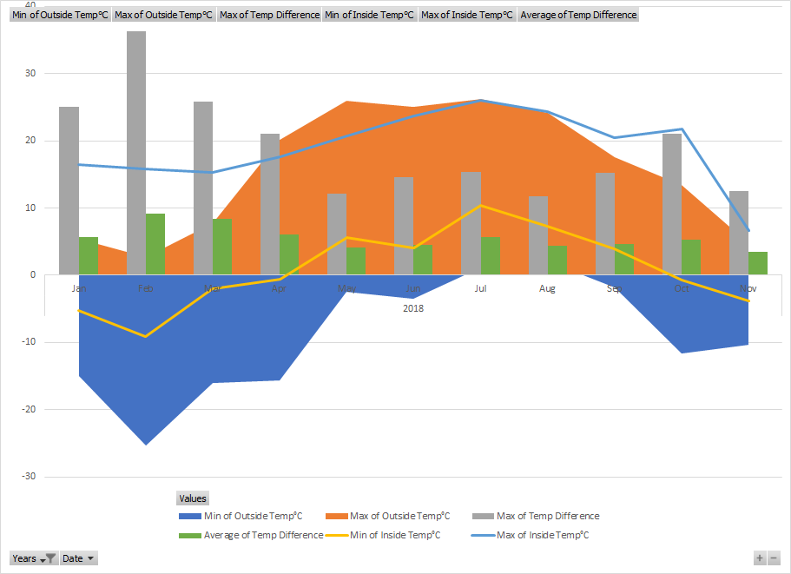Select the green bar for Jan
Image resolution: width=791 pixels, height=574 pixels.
pyautogui.click(x=89, y=255)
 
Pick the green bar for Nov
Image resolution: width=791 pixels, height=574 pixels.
pyautogui.click(x=757, y=263)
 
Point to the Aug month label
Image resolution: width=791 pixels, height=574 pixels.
pyautogui.click(x=547, y=287)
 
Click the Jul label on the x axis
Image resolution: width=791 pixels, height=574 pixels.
pyautogui.click(x=480, y=287)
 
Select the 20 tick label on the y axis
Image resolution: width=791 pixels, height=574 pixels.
pyautogui.click(x=30, y=141)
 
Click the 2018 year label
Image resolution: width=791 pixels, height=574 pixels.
pyautogui.click(x=413, y=307)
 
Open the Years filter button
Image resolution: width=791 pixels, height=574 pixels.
pyautogui.click(x=34, y=558)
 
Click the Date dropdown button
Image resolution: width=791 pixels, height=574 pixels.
pyautogui.click(x=78, y=558)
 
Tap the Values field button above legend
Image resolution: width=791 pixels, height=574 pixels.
pyautogui.click(x=192, y=498)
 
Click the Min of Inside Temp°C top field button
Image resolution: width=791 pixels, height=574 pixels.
pyautogui.click(x=369, y=15)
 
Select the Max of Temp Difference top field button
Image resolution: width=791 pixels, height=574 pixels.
pyautogui.click(x=269, y=15)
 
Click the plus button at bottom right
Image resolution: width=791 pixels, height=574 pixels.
pyautogui.click(x=760, y=558)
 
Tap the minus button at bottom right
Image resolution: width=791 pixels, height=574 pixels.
pyautogui.click(x=774, y=558)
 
